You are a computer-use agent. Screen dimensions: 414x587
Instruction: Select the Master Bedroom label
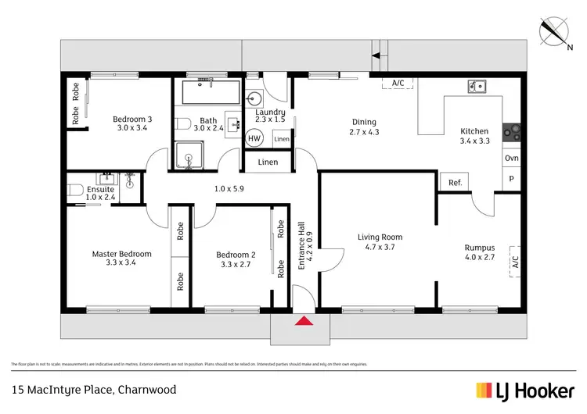[121, 254]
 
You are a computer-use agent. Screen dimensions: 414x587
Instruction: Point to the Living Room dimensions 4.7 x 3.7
[379, 248]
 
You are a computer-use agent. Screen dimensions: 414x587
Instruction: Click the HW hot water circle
[254, 138]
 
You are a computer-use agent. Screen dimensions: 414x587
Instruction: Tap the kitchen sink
[476, 86]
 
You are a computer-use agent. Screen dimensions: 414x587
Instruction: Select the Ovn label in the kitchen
[511, 159]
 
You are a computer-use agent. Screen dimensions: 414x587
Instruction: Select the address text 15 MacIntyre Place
[94, 390]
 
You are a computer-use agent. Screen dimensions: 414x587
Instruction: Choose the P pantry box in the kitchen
[511, 179]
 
